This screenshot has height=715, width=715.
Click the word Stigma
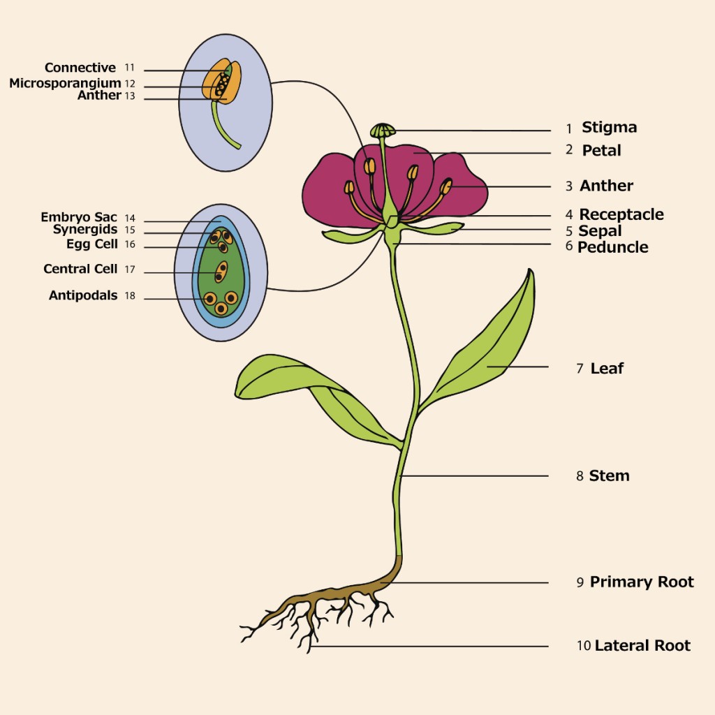coord(609,128)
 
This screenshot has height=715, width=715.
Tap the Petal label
coord(601,150)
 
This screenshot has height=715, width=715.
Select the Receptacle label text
coord(621,214)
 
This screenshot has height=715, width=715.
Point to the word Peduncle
coord(612,247)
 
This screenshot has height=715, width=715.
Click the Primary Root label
coord(642,582)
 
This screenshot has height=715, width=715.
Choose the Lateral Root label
coord(642,646)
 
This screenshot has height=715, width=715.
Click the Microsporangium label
coord(65,84)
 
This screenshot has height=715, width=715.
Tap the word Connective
coord(80,68)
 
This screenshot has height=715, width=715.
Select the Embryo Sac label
coord(79,218)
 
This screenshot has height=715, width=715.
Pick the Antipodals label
coord(83,295)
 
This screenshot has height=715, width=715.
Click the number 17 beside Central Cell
coord(130,270)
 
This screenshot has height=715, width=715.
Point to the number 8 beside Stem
coord(580,476)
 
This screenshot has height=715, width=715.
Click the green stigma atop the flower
coord(382,131)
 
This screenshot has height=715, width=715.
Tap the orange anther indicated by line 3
coord(446,187)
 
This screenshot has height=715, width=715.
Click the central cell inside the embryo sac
coord(221,271)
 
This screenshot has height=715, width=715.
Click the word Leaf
coord(607,368)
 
